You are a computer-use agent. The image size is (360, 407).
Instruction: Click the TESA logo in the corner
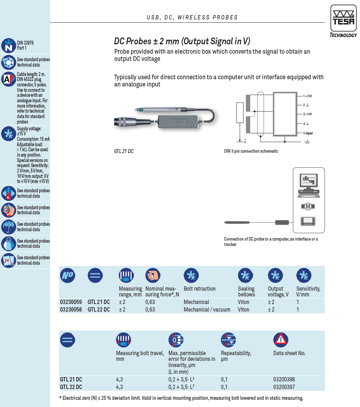click(x=343, y=21)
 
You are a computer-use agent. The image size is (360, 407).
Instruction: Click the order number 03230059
click(x=71, y=302)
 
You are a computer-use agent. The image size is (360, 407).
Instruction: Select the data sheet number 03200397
click(x=284, y=387)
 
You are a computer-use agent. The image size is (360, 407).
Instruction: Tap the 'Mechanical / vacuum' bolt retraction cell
click(x=207, y=309)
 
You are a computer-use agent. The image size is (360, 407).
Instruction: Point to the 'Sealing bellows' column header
click(x=246, y=291)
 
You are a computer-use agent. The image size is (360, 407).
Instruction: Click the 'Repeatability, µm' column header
click(x=236, y=356)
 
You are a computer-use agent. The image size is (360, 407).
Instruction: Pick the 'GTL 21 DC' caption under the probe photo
click(x=124, y=151)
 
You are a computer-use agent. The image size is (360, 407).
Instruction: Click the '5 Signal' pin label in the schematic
click(x=308, y=133)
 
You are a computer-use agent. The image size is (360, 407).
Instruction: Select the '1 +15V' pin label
click(x=307, y=96)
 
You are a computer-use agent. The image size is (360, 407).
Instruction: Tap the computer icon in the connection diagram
click(x=309, y=185)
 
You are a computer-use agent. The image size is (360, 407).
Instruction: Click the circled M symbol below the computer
click(x=308, y=207)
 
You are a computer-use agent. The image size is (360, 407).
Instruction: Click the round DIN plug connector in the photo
click(x=125, y=121)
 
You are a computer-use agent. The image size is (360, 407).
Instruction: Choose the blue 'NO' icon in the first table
click(x=68, y=275)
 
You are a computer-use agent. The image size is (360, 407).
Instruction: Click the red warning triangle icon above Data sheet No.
click(x=281, y=340)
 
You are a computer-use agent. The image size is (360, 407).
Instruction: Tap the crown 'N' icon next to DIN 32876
click(x=9, y=45)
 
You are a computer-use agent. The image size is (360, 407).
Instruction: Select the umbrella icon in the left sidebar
click(x=9, y=227)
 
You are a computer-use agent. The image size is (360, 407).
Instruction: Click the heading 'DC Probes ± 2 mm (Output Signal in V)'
click(x=182, y=41)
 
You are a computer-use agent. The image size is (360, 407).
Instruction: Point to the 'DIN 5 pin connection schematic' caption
click(x=251, y=151)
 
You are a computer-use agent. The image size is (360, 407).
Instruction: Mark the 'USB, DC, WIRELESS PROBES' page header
click(x=192, y=17)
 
